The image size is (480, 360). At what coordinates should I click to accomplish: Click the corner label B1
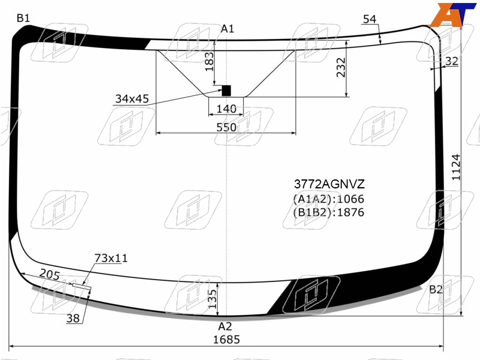(23, 19)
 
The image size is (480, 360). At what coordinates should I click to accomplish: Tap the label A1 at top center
(227, 29)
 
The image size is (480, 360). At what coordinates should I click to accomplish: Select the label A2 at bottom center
(225, 326)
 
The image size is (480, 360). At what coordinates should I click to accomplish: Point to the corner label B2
(436, 289)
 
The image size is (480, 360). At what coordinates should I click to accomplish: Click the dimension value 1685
(226, 340)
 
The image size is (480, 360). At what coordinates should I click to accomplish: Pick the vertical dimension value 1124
(456, 167)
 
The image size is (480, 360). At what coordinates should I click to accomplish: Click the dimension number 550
(226, 127)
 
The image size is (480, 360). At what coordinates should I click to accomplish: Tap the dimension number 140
(226, 109)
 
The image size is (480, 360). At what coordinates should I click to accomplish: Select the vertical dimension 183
(209, 62)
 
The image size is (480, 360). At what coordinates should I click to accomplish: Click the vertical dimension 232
(341, 67)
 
